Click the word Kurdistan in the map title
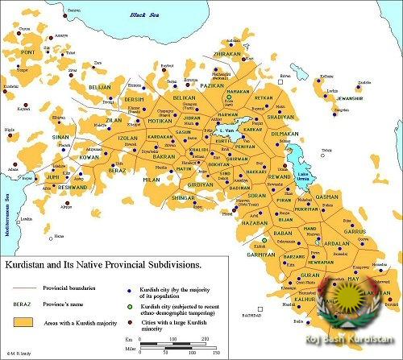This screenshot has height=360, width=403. [31, 263]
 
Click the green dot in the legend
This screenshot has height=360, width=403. [131, 306]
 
